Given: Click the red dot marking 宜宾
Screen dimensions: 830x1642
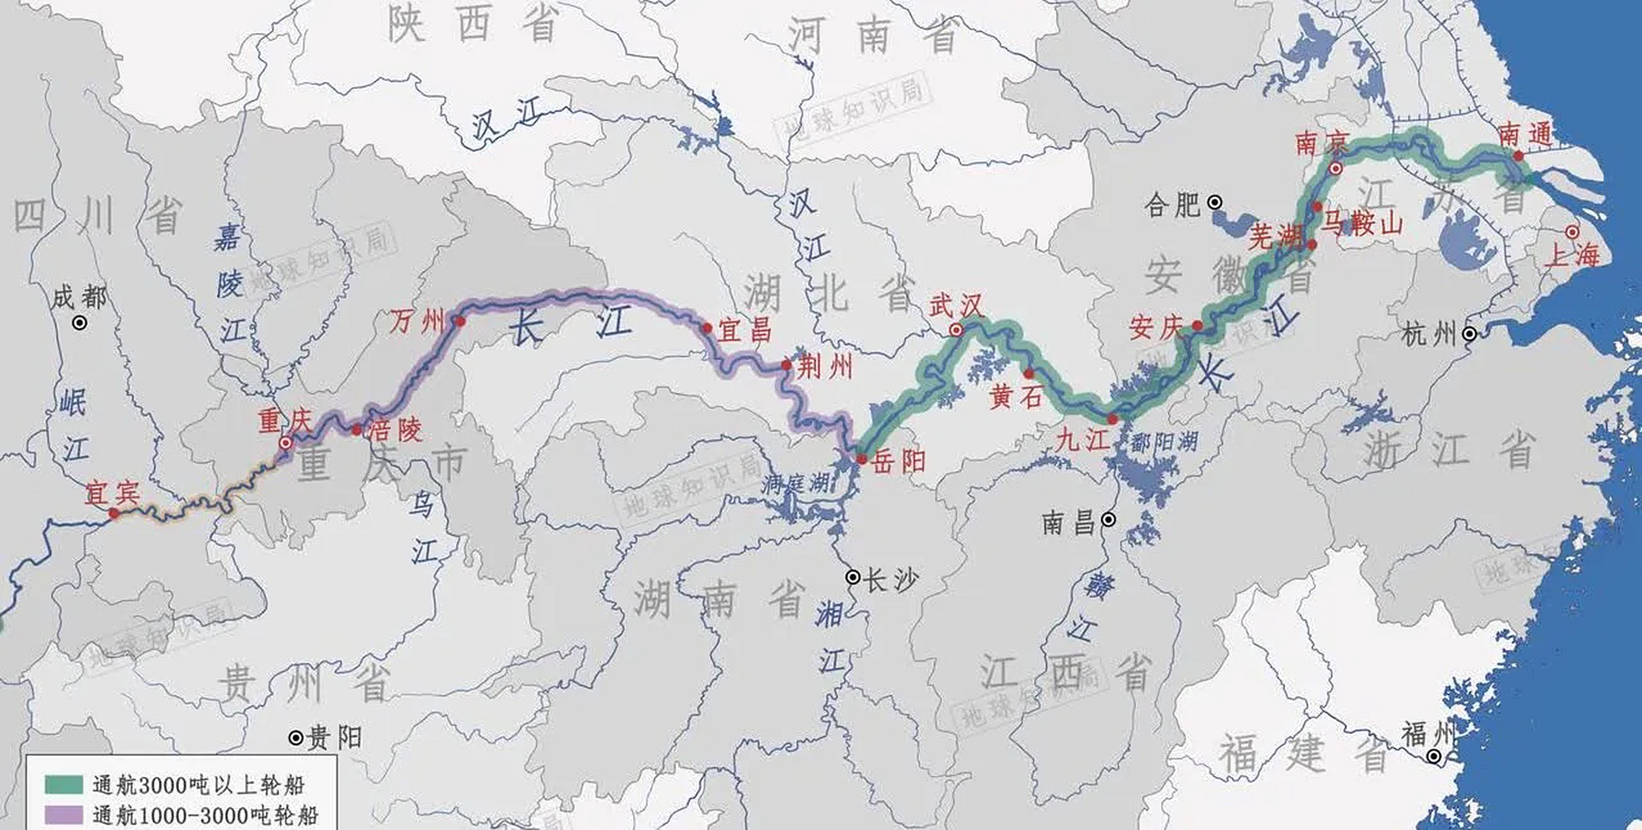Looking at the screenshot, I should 114,514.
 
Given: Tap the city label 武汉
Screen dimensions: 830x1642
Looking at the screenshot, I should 957,305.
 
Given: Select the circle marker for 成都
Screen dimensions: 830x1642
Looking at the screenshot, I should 79,322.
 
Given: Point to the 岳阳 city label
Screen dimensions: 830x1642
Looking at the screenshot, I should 899,462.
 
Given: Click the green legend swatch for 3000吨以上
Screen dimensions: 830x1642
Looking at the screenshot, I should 64,785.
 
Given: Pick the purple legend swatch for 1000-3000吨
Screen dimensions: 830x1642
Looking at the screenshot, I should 64,814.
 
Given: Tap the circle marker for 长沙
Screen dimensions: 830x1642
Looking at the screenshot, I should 853,577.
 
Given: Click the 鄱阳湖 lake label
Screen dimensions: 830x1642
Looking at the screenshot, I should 1164,443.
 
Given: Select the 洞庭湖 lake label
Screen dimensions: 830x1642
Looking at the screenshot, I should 795,483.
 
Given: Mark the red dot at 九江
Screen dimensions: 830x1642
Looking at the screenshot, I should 1113,420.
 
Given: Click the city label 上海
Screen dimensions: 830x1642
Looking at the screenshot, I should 1573,255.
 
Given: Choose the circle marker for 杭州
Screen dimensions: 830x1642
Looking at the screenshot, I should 1470,334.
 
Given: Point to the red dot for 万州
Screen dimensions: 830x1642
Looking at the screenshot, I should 460,321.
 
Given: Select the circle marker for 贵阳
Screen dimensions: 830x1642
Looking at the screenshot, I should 296,738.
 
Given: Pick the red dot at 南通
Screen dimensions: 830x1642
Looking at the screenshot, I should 1518,156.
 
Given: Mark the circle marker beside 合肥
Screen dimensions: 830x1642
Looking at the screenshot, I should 1215,203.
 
